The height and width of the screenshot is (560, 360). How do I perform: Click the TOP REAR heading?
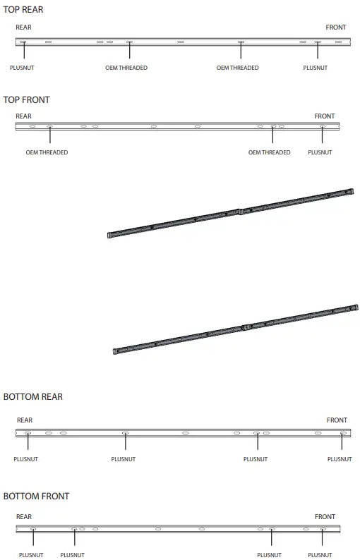point(23,10)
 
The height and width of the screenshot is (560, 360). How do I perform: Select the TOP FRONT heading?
point(26,100)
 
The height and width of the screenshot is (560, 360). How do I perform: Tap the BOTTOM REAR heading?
point(32,397)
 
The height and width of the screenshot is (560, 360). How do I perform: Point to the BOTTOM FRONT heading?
point(36,497)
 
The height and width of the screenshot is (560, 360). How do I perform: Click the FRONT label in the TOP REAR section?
point(335,28)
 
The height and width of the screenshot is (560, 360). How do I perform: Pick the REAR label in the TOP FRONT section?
point(23,116)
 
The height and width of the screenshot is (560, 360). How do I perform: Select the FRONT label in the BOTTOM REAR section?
point(337,420)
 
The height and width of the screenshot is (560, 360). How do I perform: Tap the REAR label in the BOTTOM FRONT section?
point(23,517)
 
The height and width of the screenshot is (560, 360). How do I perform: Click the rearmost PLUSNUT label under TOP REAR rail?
point(22,68)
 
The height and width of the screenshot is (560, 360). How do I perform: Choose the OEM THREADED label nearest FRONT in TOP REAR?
point(237,68)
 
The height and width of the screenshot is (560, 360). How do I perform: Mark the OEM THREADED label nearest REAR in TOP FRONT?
point(47,153)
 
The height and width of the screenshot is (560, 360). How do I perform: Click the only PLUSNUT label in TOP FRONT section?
point(320,153)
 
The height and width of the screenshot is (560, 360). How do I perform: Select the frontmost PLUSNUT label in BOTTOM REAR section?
point(340,459)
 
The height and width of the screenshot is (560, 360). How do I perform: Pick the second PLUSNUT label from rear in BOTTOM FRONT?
point(72,555)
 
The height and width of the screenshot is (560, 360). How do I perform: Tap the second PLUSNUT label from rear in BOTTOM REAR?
point(123,459)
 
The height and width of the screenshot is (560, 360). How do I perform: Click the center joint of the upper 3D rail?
point(240,210)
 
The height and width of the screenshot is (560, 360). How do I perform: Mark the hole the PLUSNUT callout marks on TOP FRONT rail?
point(322,127)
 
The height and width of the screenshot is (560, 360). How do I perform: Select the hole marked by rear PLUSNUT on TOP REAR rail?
point(23,42)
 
